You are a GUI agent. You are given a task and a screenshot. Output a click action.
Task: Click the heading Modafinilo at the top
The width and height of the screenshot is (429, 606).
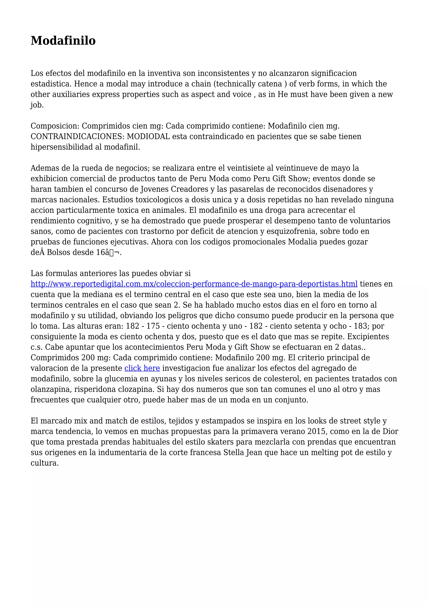[x=63, y=41]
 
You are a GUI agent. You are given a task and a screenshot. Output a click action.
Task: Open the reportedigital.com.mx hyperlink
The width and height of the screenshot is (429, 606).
[x=194, y=284]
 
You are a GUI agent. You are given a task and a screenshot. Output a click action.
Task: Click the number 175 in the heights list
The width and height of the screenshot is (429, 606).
[x=153, y=326]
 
